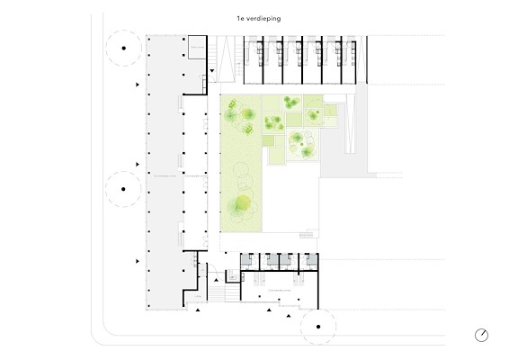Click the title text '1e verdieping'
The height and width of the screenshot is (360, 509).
pos(259,19)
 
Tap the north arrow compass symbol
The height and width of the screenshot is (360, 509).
pos(481,335)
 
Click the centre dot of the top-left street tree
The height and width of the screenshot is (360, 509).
pos(124,48)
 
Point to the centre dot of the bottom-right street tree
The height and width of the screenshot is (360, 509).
pos(318,327)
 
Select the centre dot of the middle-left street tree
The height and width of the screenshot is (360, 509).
pos(123,189)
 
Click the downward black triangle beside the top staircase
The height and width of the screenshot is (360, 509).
pos(212,70)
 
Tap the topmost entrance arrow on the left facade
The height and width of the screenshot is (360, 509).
pos(138,85)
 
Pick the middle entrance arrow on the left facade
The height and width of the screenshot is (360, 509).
pos(138,165)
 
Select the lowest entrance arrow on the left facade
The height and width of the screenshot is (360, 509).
pos(138,261)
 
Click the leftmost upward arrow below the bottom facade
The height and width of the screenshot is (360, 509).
pos(198,310)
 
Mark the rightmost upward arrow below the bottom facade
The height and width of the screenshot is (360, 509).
pos(289,316)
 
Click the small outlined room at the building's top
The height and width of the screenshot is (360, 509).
pos(197,48)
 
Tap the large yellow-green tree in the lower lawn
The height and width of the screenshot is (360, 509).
pos(243,202)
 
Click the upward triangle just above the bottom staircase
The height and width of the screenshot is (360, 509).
pos(216,280)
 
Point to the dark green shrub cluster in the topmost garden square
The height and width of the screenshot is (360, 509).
pos(291,102)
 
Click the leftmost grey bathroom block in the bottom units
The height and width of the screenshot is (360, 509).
pos(246,259)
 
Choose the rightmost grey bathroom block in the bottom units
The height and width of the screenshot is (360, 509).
pos(312,259)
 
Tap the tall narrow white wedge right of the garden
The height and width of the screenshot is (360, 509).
pos(350,123)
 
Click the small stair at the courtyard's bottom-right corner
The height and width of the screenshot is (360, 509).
pos(307,235)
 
